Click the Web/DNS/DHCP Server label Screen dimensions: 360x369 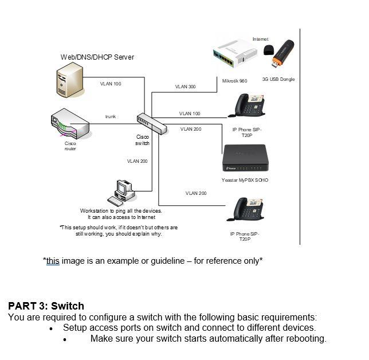pos(97,57)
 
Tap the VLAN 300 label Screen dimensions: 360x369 pos(185,87)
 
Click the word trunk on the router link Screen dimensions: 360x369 pos(111,116)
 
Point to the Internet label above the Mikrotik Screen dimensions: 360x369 pos(260,39)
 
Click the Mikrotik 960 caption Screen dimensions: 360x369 pos(235,81)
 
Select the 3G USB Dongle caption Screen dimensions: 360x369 pos(278,79)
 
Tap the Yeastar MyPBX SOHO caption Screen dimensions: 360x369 pos(245,180)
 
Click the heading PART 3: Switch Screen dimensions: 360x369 pos(46,306)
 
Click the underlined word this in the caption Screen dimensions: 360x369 pos(53,261)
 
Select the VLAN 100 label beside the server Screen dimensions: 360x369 pos(111,84)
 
